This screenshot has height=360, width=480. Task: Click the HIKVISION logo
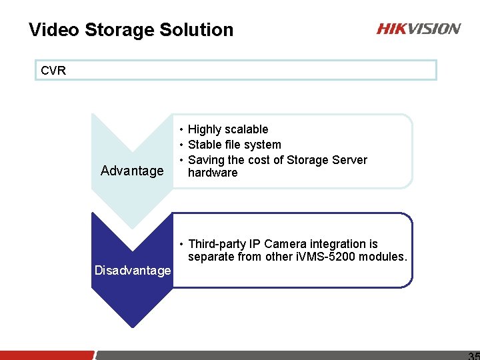click(418, 29)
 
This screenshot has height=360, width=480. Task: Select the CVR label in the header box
click(53, 70)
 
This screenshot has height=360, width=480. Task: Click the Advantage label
click(132, 171)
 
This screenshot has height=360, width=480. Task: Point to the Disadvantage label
click(133, 270)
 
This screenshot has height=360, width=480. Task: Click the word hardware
click(213, 173)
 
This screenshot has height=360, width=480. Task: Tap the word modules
click(382, 257)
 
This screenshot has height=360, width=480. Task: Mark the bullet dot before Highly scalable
click(181, 129)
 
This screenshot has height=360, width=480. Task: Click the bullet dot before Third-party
click(181, 244)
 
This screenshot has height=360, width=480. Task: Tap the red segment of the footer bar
click(47, 355)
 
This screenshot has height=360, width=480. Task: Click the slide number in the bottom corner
click(473, 356)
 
